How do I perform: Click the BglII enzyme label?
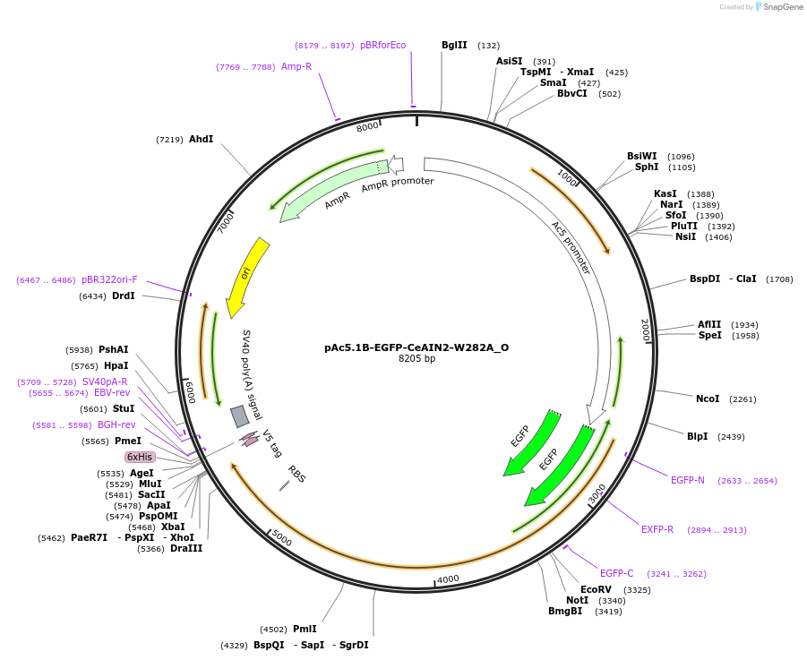tap(454, 45)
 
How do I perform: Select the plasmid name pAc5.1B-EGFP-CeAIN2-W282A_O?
tap(416, 347)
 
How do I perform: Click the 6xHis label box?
tap(140, 457)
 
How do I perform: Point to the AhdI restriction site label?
tap(201, 140)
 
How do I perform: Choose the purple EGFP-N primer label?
tap(688, 480)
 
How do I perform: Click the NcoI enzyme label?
tap(708, 399)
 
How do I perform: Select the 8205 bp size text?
tap(416, 359)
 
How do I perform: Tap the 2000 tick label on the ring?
tap(645, 330)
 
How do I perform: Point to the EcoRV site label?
tap(596, 589)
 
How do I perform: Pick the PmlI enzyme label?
tap(305, 630)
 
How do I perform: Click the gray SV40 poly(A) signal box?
tap(239, 416)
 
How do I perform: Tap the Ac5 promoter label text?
tap(570, 247)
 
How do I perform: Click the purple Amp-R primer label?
tap(296, 66)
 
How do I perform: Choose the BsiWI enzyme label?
tap(641, 156)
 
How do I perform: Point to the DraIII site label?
tap(186, 548)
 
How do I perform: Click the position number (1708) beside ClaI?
tap(778, 279)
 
